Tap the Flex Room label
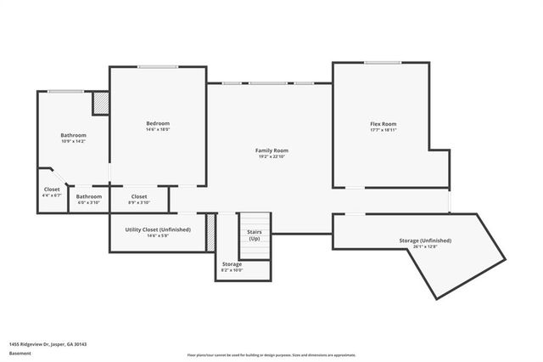[383, 124]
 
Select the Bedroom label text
[158, 124]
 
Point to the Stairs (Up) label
[254, 235]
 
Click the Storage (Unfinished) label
[424, 240]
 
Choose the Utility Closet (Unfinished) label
[158, 229]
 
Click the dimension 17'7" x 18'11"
[383, 131]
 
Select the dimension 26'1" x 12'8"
[424, 247]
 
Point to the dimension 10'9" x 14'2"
[73, 142]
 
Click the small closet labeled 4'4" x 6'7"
[52, 192]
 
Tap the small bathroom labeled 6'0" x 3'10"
[89, 199]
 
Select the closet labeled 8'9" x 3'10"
[139, 199]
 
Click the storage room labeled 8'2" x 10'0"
[232, 267]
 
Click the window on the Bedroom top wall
[158, 67]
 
